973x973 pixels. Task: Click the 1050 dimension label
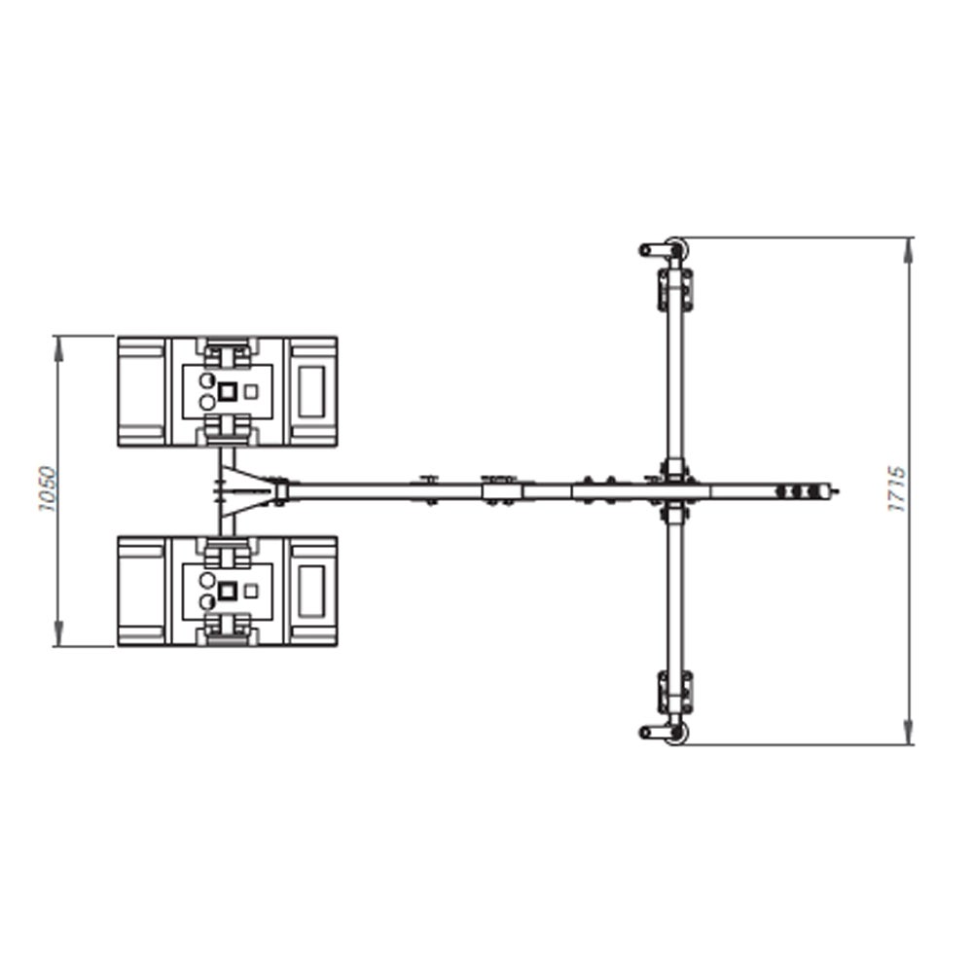(48, 489)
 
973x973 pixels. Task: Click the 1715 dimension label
(897, 489)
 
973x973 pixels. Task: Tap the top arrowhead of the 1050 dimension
(59, 347)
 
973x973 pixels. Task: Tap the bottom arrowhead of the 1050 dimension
(59, 634)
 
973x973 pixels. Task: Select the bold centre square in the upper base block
(228, 391)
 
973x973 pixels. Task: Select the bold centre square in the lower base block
(228, 592)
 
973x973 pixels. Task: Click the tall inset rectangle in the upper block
(311, 391)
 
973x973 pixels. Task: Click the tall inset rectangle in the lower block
(311, 592)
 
